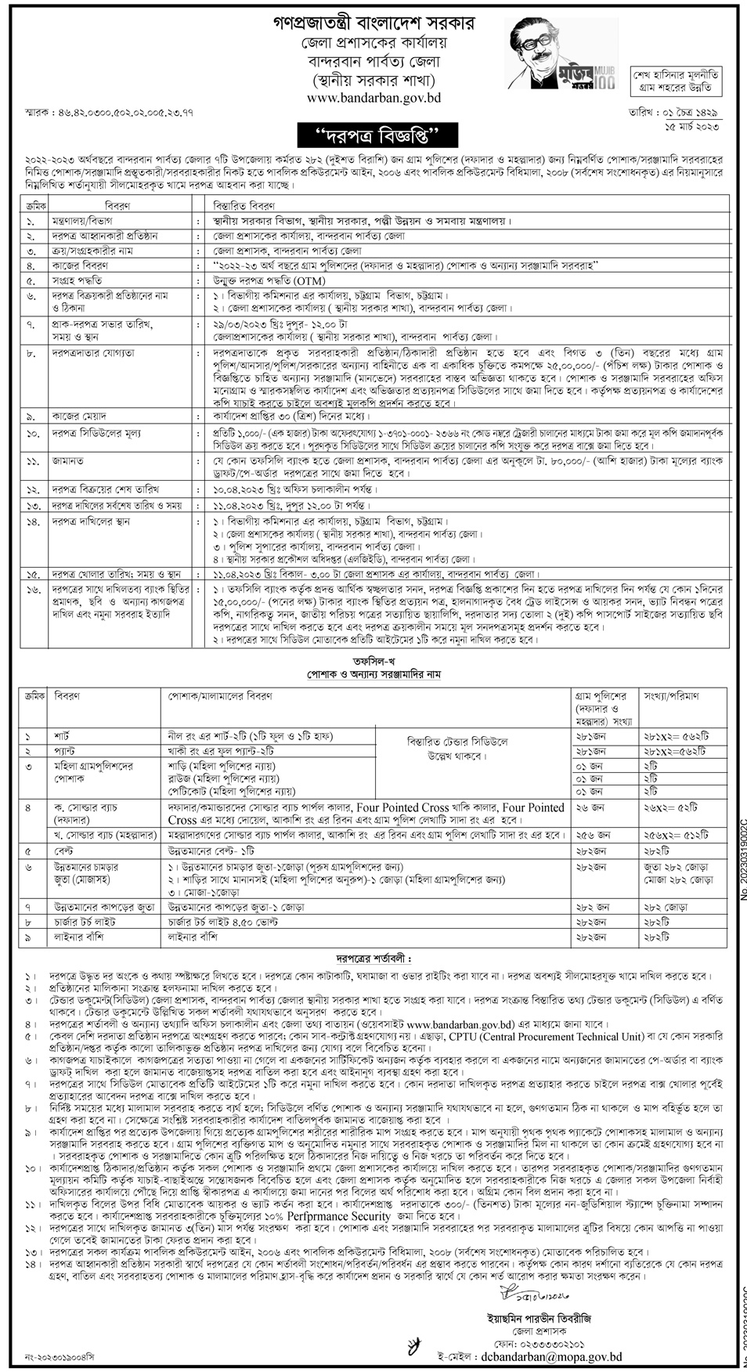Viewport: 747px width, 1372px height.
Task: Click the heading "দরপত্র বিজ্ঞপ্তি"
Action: click(x=373, y=130)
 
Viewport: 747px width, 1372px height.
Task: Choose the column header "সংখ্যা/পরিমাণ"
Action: click(x=671, y=695)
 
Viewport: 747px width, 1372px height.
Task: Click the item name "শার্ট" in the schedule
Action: click(x=62, y=737)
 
